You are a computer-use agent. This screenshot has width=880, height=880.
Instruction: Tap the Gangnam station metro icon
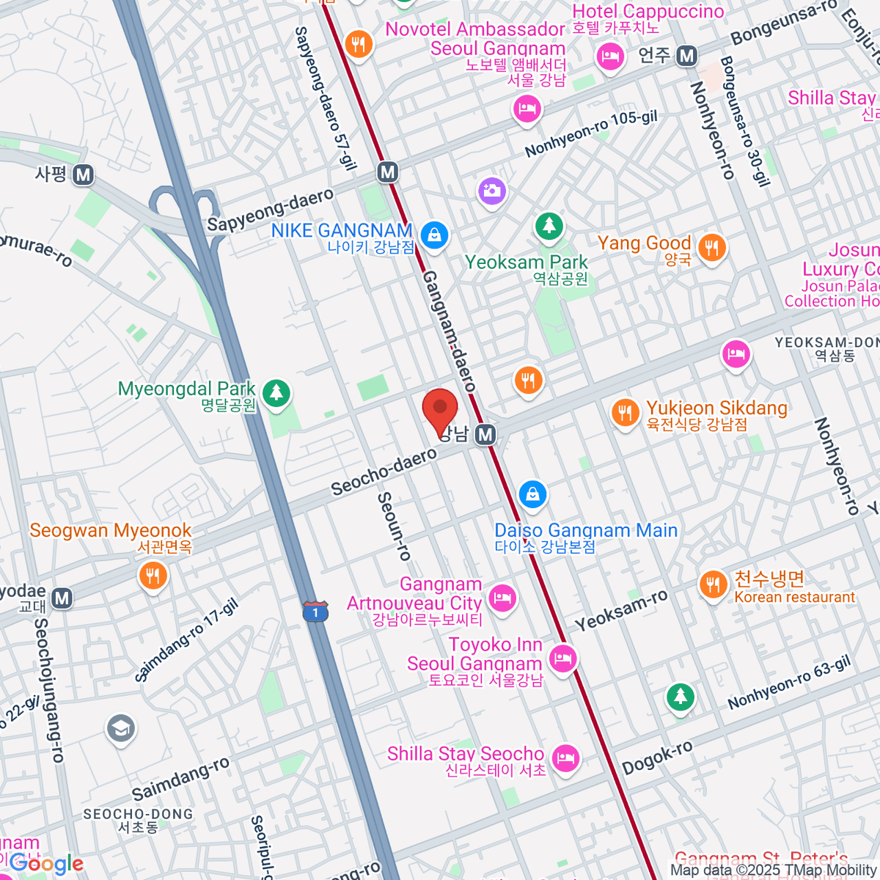(x=485, y=435)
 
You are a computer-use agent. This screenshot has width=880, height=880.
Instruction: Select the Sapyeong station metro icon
(x=84, y=175)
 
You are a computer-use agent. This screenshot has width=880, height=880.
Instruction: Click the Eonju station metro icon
(x=686, y=56)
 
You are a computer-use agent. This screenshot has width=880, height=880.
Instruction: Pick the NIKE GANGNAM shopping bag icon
(x=435, y=235)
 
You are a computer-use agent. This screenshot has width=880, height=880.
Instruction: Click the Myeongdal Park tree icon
(x=276, y=392)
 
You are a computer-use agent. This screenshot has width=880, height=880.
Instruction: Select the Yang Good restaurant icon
(x=711, y=248)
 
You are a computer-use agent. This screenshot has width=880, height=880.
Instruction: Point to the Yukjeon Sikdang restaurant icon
(x=626, y=412)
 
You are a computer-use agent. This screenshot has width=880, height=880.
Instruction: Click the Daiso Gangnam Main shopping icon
(x=533, y=494)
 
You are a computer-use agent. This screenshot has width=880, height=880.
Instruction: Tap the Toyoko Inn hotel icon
(x=562, y=658)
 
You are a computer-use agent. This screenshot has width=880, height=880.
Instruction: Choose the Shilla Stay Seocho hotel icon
(x=565, y=757)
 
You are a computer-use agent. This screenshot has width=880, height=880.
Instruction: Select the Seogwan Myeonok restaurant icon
(x=153, y=576)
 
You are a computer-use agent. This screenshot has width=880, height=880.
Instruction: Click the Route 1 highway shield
(x=315, y=611)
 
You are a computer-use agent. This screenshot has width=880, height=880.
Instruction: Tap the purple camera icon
(x=492, y=192)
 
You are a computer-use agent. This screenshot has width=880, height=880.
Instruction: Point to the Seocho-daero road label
(x=384, y=472)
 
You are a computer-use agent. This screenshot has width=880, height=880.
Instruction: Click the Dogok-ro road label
(x=657, y=758)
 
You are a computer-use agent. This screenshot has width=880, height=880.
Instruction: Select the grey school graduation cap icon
(x=120, y=728)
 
